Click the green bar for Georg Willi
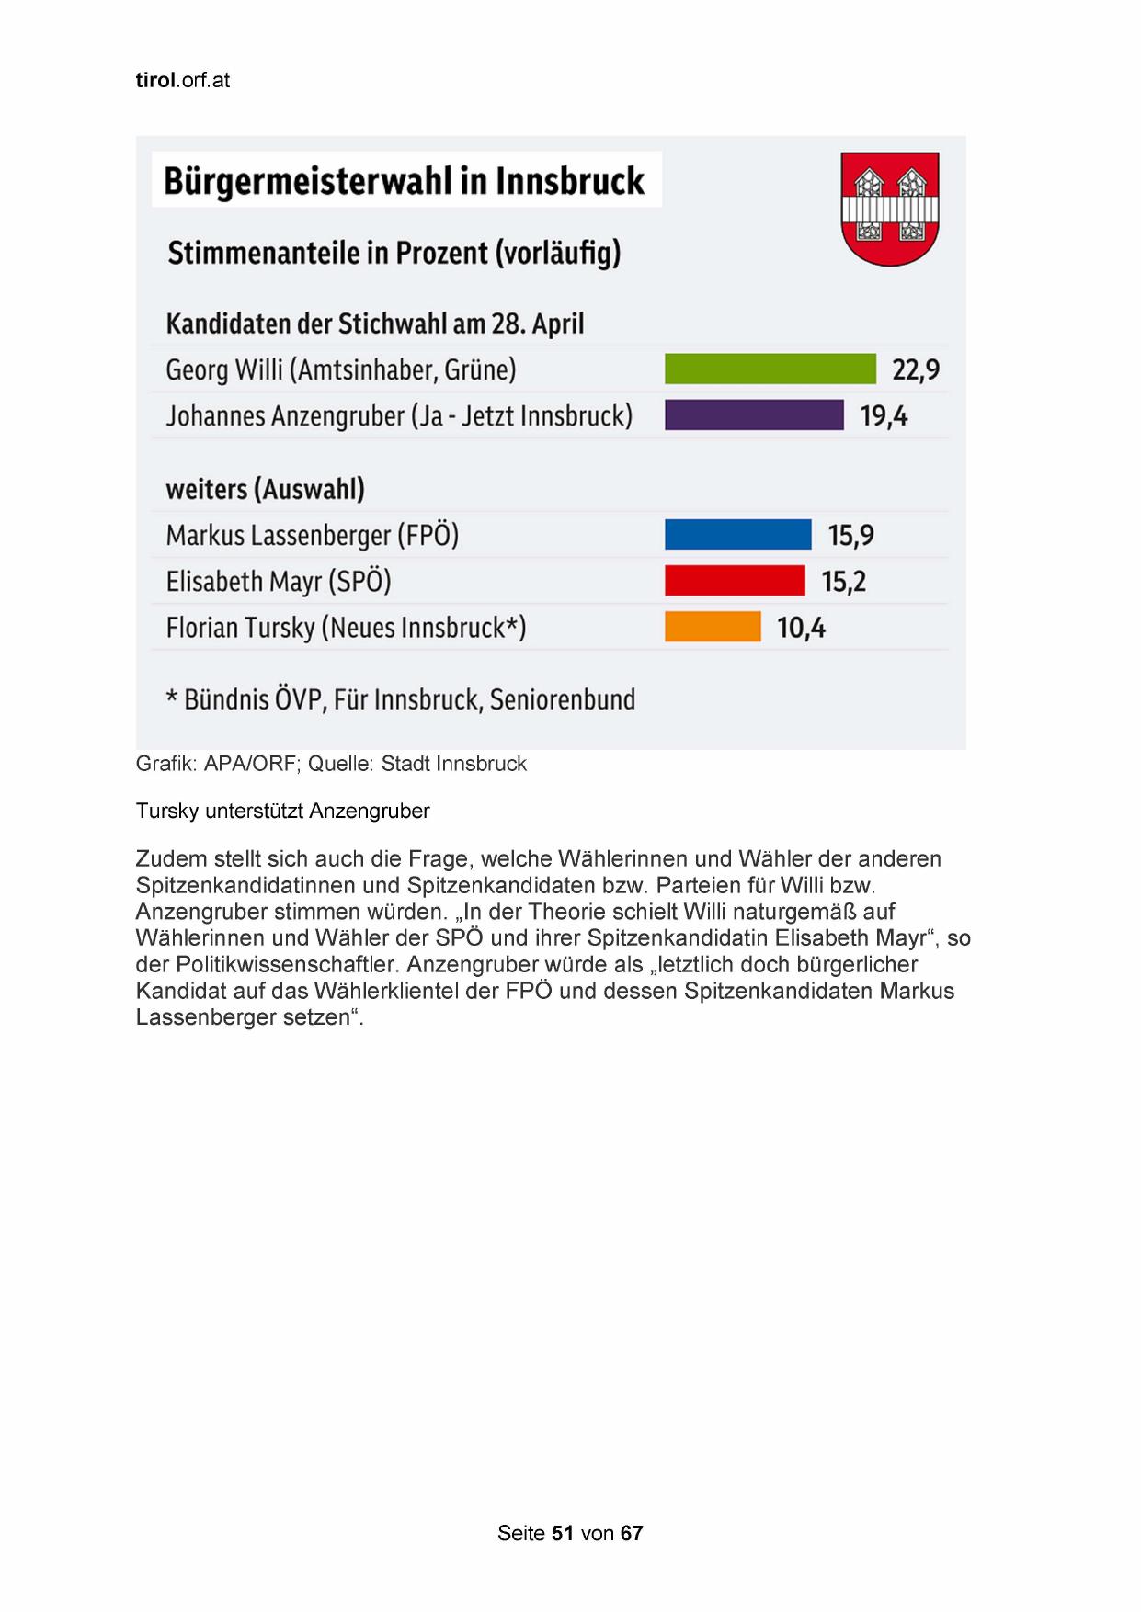770,369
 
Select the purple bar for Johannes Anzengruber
754,415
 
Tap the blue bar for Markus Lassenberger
737,534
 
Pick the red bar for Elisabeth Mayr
735,581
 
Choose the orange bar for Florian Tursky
713,627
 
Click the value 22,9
916,369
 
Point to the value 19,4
884,416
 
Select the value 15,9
850,535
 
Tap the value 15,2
843,582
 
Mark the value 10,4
801,628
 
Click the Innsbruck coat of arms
889,209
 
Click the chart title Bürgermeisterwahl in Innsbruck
405,181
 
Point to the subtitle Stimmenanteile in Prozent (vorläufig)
394,252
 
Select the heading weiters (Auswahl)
265,489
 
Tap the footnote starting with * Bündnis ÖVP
401,699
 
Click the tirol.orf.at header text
182,80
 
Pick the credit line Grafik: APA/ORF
331,764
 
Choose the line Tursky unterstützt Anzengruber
282,811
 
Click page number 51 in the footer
563,1533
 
